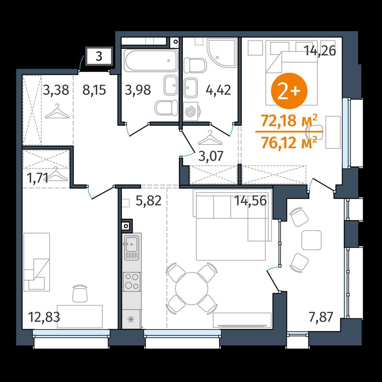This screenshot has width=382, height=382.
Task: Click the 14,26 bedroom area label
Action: click(320, 51)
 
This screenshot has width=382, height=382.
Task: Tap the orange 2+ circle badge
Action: click(289, 91)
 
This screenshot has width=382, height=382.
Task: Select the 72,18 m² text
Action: click(289, 121)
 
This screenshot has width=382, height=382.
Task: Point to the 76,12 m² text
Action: click(289, 142)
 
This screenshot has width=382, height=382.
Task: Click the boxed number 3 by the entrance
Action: click(99, 57)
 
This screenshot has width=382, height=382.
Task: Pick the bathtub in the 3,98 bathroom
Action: click(151, 60)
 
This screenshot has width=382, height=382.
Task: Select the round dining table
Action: click(192, 288)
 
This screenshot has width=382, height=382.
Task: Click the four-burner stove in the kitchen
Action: click(132, 282)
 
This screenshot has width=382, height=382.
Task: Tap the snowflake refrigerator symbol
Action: click(131, 319)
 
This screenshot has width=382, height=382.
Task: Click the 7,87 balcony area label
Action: click(321, 317)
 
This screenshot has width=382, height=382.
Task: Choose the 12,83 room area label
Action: click(44, 317)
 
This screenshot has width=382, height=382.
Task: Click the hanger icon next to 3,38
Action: click(57, 111)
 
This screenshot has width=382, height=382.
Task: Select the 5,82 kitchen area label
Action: click(148, 201)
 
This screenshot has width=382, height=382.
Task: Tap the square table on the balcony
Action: click(311, 240)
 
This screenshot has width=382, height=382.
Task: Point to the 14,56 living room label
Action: click(250, 201)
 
